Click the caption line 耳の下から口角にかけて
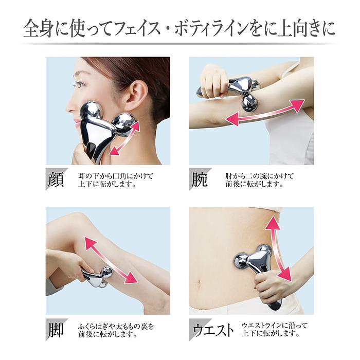(x=114, y=175)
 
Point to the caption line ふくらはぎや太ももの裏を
(x=116, y=326)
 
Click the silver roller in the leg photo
(x=98, y=278)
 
